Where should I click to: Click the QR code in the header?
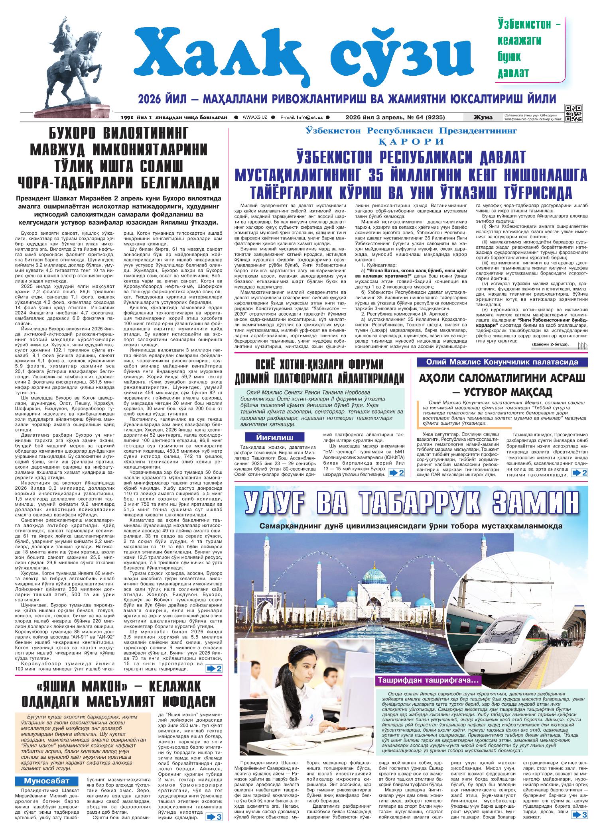573,113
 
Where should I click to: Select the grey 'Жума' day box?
483,117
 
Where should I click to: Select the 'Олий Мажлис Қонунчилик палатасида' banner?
503,362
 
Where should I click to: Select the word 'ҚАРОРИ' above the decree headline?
411,141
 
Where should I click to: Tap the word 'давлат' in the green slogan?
513,73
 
